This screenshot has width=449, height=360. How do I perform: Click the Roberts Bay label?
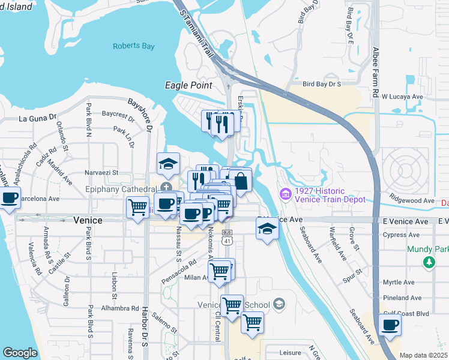(133, 46)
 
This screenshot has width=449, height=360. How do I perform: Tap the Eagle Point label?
(189, 86)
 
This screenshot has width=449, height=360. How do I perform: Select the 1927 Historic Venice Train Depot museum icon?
(285, 194)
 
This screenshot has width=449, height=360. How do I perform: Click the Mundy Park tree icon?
(429, 262)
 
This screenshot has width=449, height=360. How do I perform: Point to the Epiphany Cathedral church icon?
(164, 189)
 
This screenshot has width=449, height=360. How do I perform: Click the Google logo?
(20, 353)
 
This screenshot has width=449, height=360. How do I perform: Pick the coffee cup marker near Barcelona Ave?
(9, 198)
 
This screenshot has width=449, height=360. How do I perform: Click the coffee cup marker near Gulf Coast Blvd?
(390, 325)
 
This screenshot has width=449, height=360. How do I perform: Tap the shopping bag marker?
(240, 181)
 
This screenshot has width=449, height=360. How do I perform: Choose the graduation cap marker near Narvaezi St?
(169, 163)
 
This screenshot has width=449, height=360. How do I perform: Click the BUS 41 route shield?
(226, 237)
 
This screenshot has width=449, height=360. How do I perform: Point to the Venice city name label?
(88, 220)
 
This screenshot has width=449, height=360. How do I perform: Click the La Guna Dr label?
(37, 119)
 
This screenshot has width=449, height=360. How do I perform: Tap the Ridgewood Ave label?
(411, 200)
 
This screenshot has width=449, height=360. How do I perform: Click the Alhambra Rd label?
(121, 308)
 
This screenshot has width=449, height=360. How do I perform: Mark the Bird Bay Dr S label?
(322, 85)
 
